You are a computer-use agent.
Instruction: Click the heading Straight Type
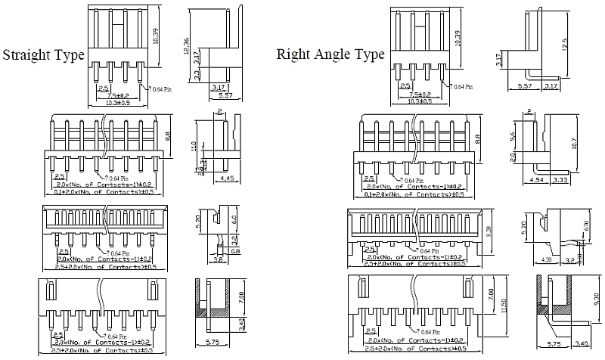pyautogui.click(x=43, y=55)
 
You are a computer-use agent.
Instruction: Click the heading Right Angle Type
pyautogui.click(x=330, y=54)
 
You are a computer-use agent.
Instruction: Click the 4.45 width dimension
pyautogui.click(x=225, y=178)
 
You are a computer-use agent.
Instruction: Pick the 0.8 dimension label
pyautogui.click(x=235, y=251)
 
